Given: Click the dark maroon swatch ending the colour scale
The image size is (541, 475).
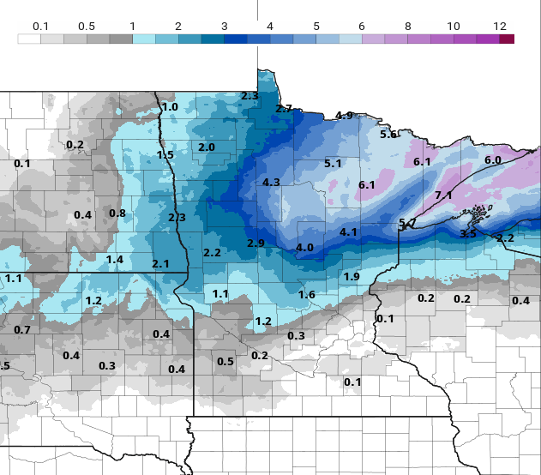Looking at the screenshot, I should [507, 39].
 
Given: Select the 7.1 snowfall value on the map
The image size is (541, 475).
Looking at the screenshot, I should [443, 195].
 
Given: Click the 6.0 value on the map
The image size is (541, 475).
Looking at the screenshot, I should [493, 160].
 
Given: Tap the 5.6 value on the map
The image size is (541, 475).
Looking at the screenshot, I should [388, 135].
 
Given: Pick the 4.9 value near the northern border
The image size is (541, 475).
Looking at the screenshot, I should [344, 116].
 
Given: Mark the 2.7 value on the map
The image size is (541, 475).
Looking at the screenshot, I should [284, 109].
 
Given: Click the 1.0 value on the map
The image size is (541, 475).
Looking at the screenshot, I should [170, 107].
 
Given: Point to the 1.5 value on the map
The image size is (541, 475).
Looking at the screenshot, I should [165, 155].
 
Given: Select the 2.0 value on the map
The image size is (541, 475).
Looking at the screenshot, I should [207, 147].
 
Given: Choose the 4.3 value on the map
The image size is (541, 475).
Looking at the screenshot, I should [272, 183].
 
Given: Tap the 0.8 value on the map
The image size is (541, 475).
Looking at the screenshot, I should [117, 213].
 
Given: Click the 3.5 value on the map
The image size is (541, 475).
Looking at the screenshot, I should [468, 234].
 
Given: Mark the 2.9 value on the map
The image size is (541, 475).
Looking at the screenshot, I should [255, 244].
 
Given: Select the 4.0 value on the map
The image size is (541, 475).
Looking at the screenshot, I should [304, 248].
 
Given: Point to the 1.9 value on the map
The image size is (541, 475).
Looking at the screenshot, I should [352, 277].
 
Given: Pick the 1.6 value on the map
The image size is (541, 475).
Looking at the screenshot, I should [307, 295].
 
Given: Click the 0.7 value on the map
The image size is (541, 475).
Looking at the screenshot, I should [22, 330].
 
